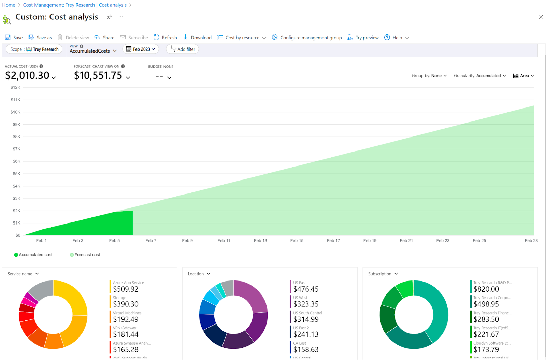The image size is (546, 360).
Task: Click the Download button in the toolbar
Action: (197, 38)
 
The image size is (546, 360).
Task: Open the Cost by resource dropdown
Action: (242, 38)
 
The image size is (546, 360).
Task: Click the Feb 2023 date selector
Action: (141, 49)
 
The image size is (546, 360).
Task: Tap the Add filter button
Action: (183, 49)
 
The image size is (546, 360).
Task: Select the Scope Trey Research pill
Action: (34, 49)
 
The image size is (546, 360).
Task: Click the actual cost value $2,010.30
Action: (27, 75)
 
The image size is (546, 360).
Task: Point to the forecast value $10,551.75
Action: (98, 75)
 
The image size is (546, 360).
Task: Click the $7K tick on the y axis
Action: (16, 149)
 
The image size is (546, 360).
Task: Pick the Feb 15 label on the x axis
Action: (297, 241)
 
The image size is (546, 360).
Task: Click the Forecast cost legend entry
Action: (85, 255)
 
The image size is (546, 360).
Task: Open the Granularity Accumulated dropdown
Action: (480, 76)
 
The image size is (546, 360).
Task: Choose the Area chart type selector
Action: (523, 76)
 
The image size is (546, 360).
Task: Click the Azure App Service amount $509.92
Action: (126, 289)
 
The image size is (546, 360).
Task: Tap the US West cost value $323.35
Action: (306, 304)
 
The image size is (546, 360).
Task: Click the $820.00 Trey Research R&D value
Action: (486, 289)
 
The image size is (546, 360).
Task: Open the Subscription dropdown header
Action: (383, 274)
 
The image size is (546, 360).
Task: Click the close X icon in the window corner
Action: (541, 17)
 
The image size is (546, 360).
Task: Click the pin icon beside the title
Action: (109, 17)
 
